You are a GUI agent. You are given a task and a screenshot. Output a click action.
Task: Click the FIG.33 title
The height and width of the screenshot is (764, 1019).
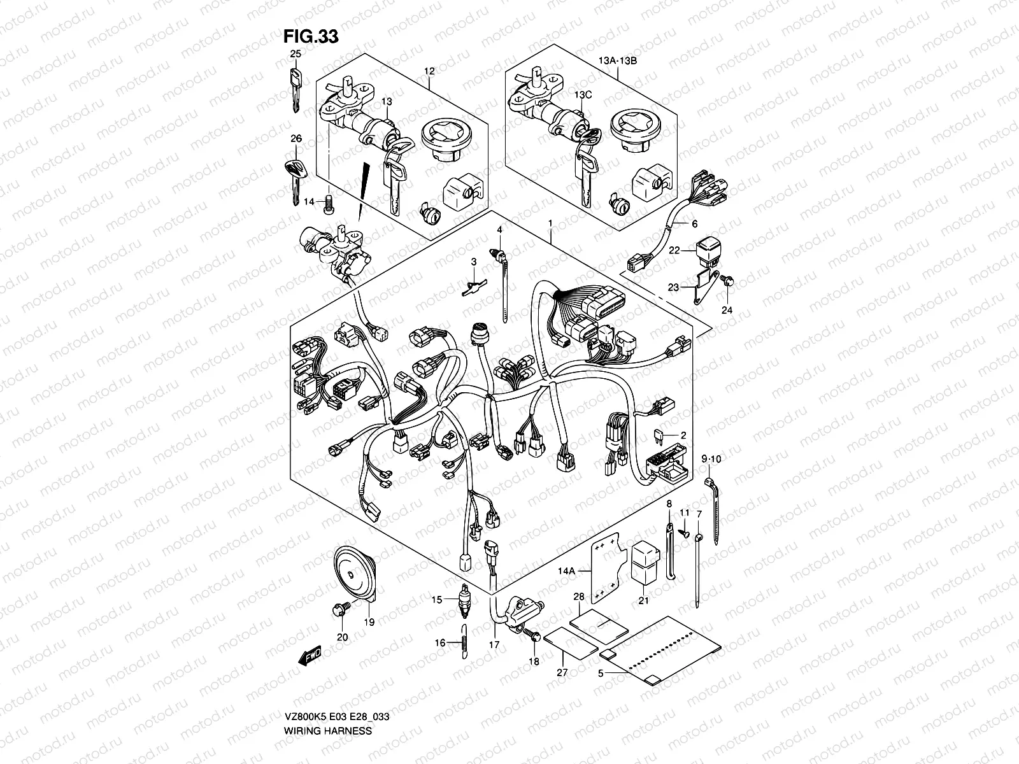tap(311, 36)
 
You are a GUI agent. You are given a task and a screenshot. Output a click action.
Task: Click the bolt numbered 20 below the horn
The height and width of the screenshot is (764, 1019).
tap(337, 610)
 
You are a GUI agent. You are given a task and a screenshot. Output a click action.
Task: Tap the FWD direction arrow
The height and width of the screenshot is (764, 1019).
tap(311, 656)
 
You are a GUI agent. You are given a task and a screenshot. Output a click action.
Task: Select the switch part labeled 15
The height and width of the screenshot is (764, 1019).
tap(464, 602)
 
